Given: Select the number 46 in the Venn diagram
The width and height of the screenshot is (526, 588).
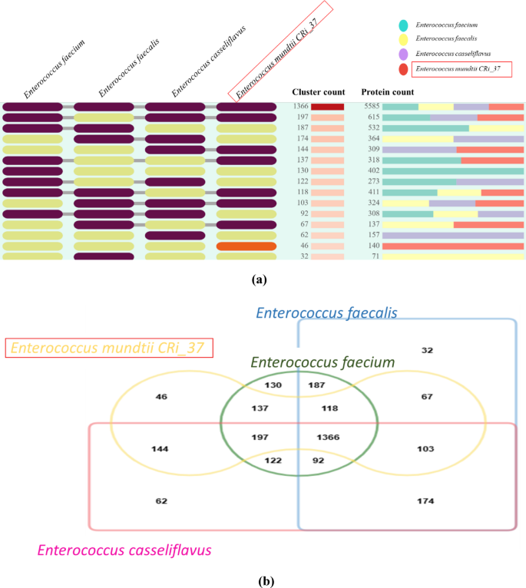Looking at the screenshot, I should tap(160, 397).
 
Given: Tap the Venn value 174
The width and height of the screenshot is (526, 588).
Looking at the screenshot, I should tap(425, 501).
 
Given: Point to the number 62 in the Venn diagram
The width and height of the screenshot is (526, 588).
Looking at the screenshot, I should tap(161, 500).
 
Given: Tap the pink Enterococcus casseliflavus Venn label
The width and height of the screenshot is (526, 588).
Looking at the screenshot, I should tap(124, 550).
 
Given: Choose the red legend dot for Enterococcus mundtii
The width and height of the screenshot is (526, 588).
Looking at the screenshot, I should tap(404, 69).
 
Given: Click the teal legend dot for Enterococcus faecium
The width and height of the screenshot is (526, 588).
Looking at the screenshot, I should tap(404, 25).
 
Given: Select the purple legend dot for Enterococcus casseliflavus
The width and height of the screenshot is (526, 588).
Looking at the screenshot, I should tap(404, 55).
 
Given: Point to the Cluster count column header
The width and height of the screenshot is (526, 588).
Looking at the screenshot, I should tap(319, 92).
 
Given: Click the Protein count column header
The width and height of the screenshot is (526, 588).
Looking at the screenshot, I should tap(388, 92).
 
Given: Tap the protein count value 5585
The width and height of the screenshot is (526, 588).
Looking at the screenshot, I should tap(372, 107).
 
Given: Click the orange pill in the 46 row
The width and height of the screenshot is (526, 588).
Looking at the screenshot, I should tap(246, 246).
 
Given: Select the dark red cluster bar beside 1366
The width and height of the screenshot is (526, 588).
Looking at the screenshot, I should tap(327, 107).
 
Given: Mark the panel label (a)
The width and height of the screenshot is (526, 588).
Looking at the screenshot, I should tap(259, 279).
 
